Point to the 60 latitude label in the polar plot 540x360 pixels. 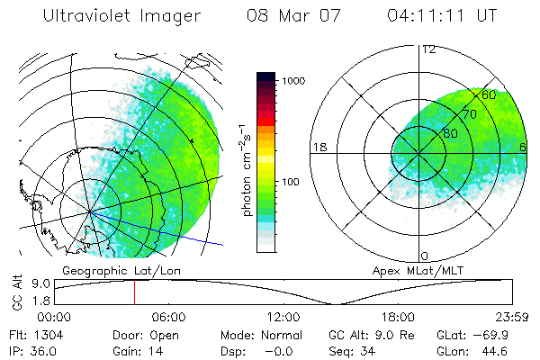[490, 94]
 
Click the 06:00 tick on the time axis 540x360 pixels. [168, 317]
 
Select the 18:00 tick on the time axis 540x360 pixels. [398, 317]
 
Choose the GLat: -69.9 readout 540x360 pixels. [473, 335]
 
